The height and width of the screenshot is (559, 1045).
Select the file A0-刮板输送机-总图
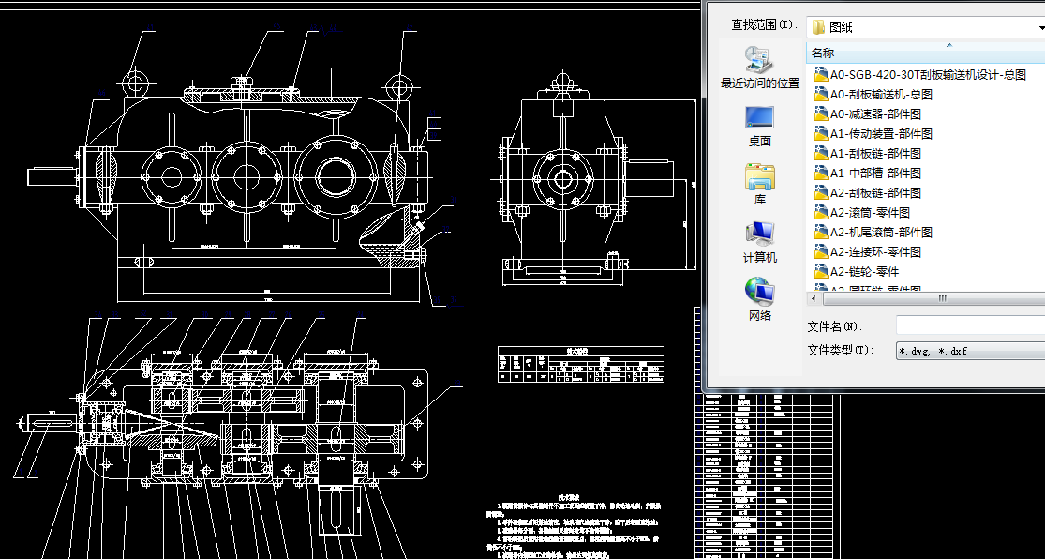tap(880, 94)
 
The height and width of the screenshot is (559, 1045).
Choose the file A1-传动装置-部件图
tap(880, 133)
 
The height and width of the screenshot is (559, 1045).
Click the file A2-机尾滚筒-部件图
tap(880, 232)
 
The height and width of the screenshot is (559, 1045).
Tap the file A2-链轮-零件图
tap(863, 271)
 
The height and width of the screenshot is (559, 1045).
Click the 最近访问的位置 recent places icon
tap(759, 60)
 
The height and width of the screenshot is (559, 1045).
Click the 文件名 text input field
tap(970, 325)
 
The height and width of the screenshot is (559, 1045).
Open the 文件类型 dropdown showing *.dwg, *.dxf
tap(970, 351)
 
